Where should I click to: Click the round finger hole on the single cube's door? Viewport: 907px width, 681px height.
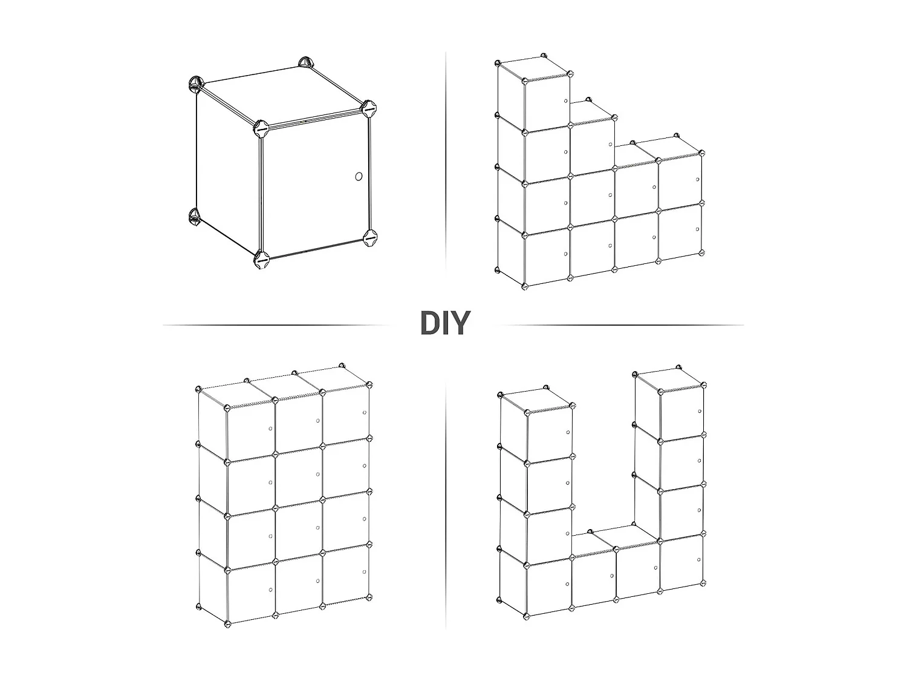pyautogui.click(x=359, y=177)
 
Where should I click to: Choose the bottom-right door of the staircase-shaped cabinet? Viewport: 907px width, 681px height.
pyautogui.click(x=680, y=231)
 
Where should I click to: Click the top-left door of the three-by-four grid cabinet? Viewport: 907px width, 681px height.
pyautogui.click(x=250, y=433)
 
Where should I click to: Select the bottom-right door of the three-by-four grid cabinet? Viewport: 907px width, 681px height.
pyautogui.click(x=346, y=574)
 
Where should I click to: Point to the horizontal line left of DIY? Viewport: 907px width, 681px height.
pyautogui.click(x=276, y=325)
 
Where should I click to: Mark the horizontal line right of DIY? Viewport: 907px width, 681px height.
pyautogui.click(x=622, y=325)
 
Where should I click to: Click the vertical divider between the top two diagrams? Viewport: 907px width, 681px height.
pyautogui.click(x=446, y=161)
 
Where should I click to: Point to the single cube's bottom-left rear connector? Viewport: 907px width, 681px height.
pyautogui.click(x=194, y=217)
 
